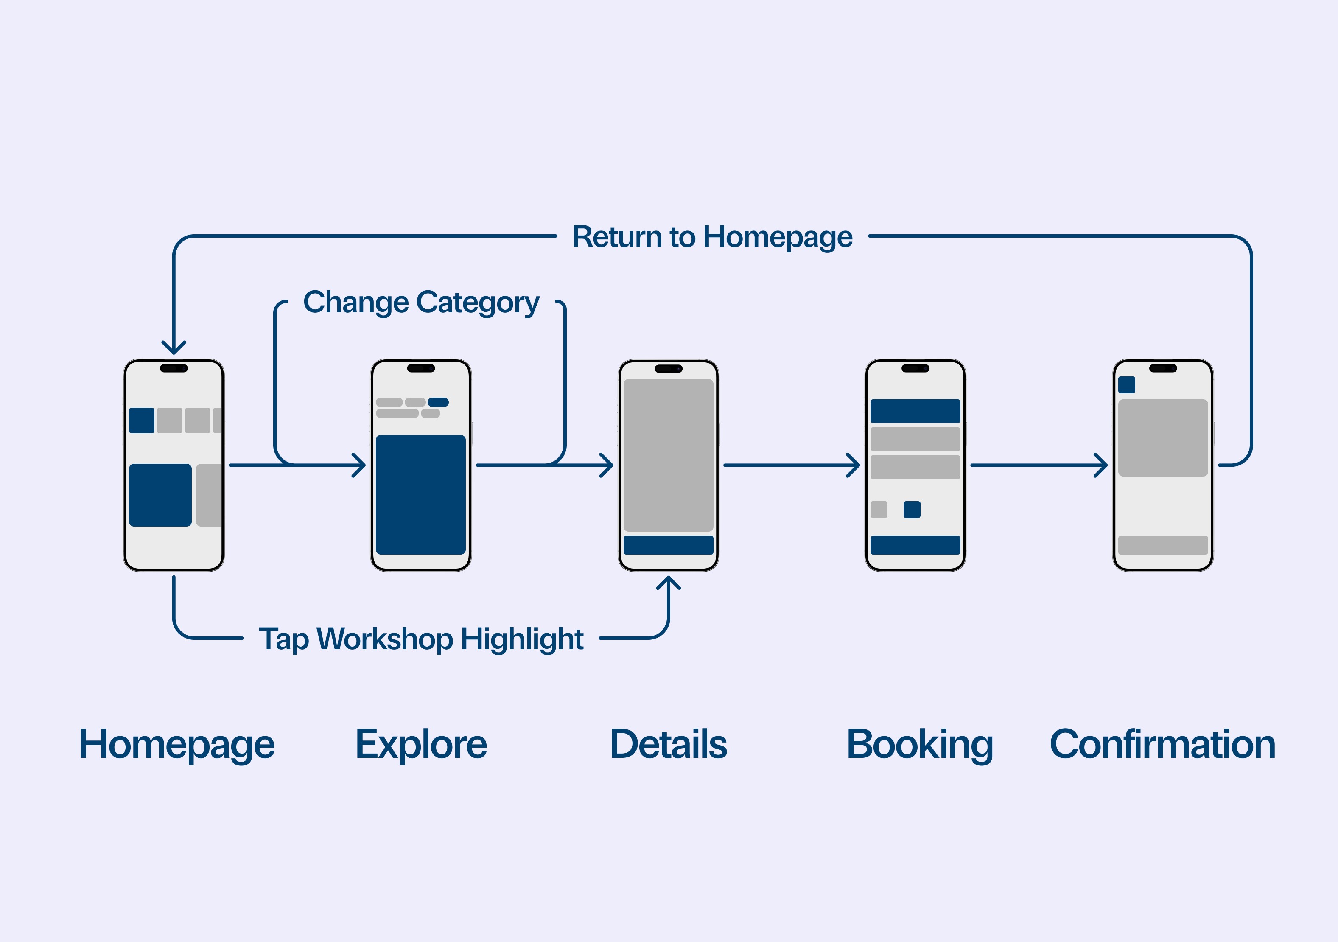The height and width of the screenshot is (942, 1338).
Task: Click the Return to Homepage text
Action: click(x=712, y=237)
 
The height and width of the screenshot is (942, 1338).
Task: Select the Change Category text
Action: click(x=421, y=302)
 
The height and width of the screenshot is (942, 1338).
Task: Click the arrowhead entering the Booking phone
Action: click(x=855, y=465)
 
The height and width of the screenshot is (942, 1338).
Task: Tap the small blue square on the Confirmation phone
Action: click(x=1126, y=385)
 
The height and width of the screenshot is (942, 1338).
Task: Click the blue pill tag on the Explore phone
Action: click(x=438, y=402)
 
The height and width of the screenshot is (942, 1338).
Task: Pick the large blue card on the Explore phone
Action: click(x=421, y=494)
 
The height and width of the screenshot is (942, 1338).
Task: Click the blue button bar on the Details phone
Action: click(x=669, y=545)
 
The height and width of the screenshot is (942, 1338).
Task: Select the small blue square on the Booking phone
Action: click(x=912, y=510)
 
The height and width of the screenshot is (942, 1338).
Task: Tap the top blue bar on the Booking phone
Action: click(x=915, y=411)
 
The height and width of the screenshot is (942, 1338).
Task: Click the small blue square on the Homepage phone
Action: click(x=142, y=420)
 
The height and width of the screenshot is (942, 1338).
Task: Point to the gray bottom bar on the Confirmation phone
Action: click(x=1163, y=545)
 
